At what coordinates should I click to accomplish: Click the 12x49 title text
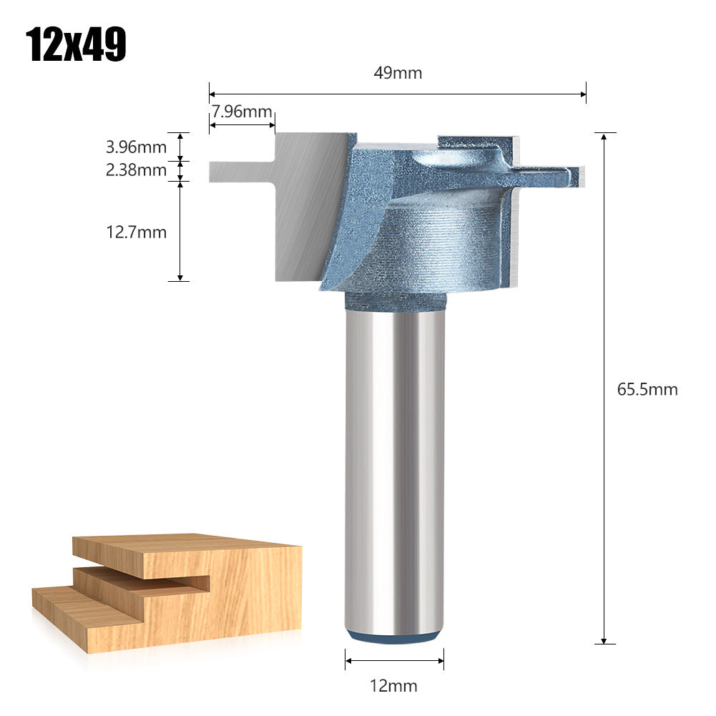(x=76, y=44)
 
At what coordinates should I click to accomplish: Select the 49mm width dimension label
(x=398, y=73)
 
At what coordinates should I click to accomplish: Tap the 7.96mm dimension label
(x=241, y=112)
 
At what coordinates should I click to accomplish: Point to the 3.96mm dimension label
(x=136, y=147)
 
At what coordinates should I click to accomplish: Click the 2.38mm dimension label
(x=136, y=170)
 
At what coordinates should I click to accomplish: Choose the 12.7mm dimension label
(x=136, y=232)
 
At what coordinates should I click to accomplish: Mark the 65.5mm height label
(x=647, y=390)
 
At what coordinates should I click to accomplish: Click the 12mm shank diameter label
(x=393, y=686)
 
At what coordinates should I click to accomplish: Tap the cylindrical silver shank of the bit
(x=393, y=465)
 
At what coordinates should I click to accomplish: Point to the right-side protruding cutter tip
(x=565, y=174)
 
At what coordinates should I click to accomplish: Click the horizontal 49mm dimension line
(x=398, y=92)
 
